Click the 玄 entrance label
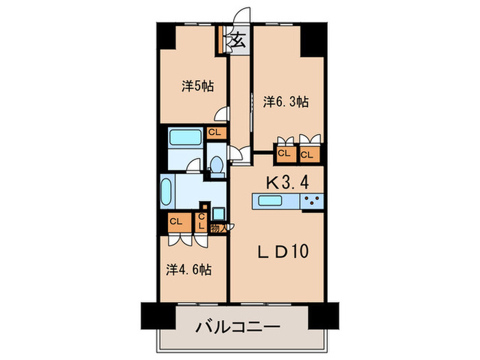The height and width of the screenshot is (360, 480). point(238,40)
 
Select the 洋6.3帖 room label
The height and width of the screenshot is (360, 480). point(286,101)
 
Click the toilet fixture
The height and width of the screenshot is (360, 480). point(217,166)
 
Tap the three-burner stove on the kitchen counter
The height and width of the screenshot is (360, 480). point(312,201)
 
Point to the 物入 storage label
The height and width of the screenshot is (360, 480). point(217,226)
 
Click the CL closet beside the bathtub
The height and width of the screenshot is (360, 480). point(215,132)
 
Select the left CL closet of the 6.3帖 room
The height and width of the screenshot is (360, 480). point(284,154)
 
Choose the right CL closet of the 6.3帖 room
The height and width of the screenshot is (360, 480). point(307,154)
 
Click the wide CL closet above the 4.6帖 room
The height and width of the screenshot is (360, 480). point(176,221)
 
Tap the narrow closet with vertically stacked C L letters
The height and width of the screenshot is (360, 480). point(202,221)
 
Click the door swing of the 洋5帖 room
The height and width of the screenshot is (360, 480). point(221,116)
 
